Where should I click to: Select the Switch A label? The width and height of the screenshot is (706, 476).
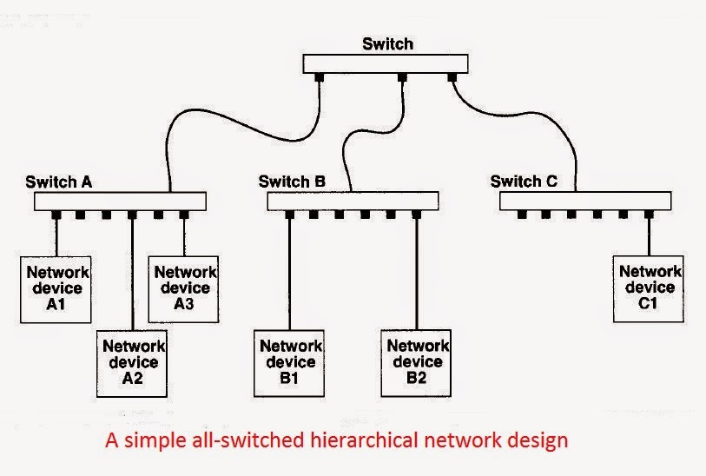pos(59,182)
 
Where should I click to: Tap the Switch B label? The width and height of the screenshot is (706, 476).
pos(292,182)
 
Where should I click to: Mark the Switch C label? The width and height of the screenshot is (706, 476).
pos(524,182)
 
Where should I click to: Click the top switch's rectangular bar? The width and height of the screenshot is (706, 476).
pos(386,63)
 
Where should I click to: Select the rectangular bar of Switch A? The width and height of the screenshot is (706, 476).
pos(121,202)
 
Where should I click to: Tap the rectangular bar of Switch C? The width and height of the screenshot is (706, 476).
pos(585,202)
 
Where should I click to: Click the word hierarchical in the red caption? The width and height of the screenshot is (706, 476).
pos(365,440)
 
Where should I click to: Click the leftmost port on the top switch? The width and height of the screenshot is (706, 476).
pos(320,77)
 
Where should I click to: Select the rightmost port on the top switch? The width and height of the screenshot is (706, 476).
pos(452,77)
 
